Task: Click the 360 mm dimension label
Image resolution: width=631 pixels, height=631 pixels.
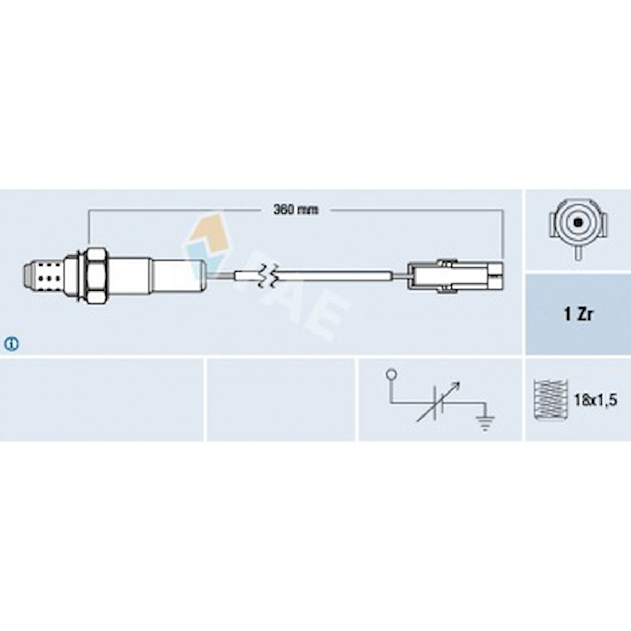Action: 296,210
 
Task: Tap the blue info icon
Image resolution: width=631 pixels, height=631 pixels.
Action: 11,344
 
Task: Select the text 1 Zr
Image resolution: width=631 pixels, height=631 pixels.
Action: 578,314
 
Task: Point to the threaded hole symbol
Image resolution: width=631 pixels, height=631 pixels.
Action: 550,399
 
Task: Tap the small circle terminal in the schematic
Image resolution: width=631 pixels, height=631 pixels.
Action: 391,375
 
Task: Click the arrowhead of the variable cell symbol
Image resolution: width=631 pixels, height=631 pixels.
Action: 456,385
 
